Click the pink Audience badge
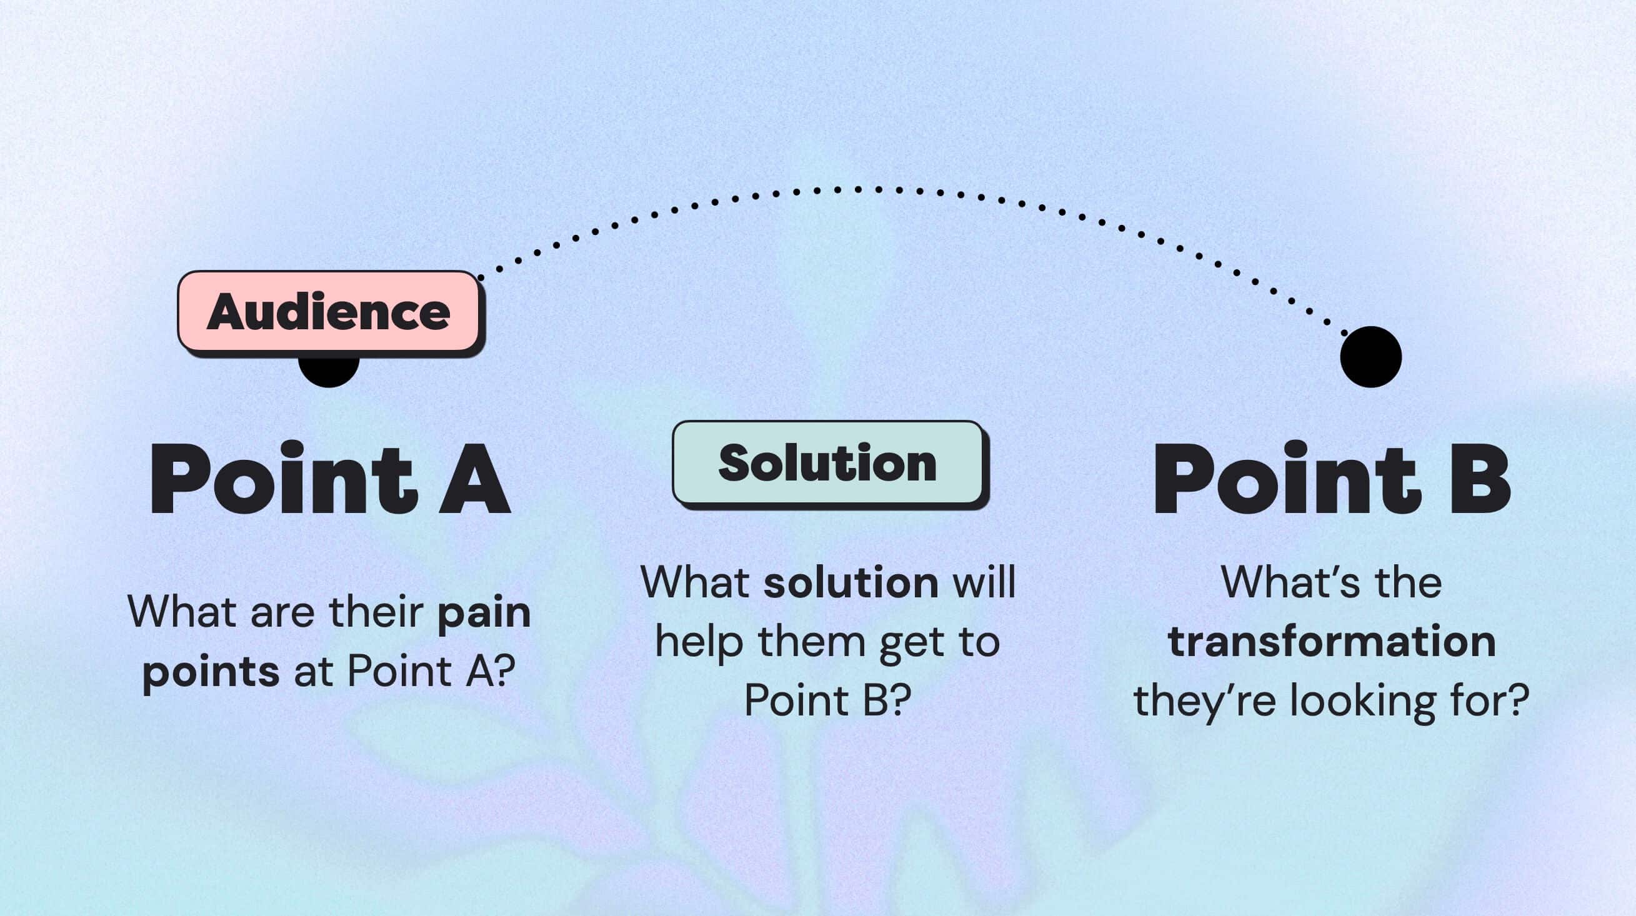point(328,311)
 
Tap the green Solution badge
point(827,462)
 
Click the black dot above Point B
point(1370,357)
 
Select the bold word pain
point(484,613)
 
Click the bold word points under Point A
point(210,672)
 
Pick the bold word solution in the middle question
point(851,582)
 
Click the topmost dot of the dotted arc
point(857,189)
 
